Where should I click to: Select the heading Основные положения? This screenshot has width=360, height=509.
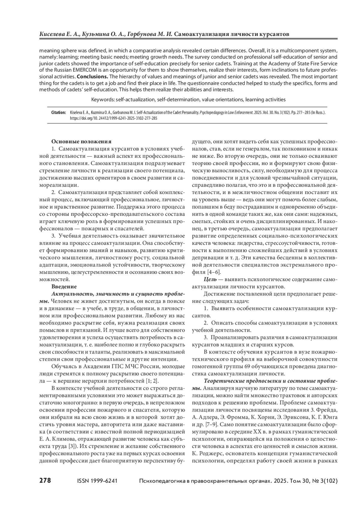pyautogui.click(x=81, y=141)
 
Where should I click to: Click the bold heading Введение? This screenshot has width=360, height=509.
pyautogui.click(x=64, y=286)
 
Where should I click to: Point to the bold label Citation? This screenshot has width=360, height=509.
pyautogui.click(x=59, y=112)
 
